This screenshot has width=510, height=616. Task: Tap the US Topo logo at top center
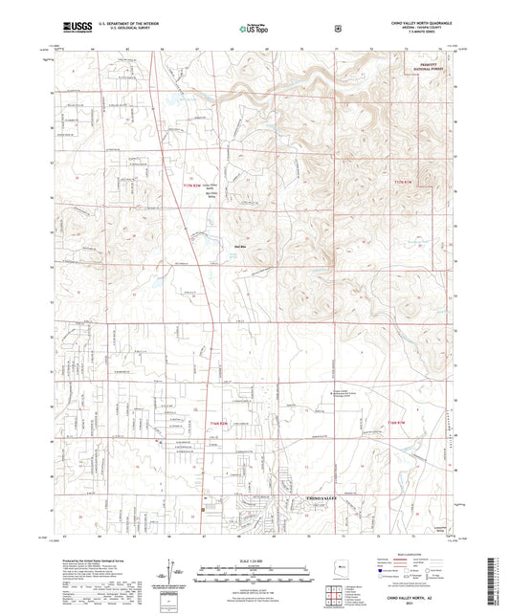click(254, 30)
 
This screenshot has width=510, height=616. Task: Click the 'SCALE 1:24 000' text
click(254, 560)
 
